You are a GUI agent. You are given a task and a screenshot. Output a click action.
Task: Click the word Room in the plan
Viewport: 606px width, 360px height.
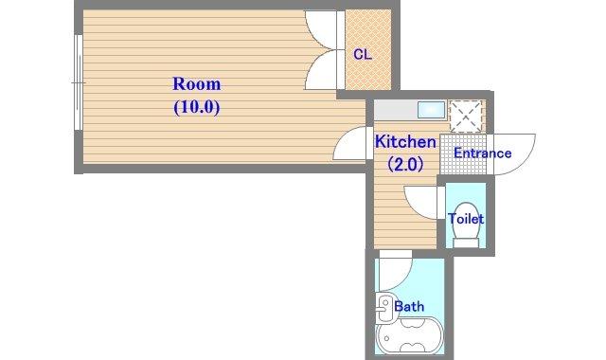tap(197, 84)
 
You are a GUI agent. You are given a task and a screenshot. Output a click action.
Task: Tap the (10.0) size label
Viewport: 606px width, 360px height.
tap(197, 107)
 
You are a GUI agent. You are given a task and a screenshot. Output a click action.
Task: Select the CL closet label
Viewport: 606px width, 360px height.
tap(363, 55)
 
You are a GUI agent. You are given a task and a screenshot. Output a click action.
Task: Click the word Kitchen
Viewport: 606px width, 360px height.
tap(405, 141)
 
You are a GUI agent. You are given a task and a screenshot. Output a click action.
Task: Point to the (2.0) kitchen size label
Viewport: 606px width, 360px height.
tap(405, 164)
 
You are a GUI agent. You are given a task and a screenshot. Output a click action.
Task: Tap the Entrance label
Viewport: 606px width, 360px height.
tap(482, 153)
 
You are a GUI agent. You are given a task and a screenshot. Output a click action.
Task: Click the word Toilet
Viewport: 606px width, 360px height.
tap(466, 219)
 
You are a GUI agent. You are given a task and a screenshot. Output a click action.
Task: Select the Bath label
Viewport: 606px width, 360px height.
tap(409, 307)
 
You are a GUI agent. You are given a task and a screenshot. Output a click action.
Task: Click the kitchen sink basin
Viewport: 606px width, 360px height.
tap(432, 110)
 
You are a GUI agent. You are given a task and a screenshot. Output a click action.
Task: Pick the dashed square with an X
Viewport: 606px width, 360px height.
tap(466, 116)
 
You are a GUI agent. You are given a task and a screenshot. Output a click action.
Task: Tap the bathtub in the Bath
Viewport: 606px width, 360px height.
tap(409, 335)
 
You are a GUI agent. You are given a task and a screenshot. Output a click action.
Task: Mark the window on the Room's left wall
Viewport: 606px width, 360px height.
tap(78, 82)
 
